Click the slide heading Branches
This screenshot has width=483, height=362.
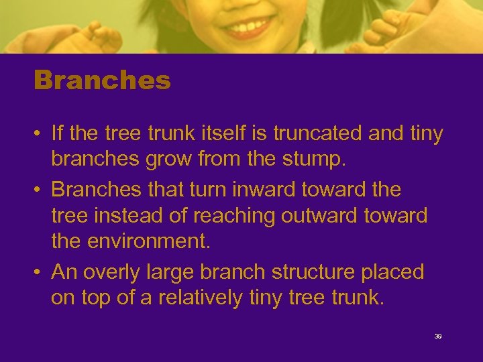102,81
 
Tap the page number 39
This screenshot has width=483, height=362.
438,336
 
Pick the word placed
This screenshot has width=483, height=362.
392,272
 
